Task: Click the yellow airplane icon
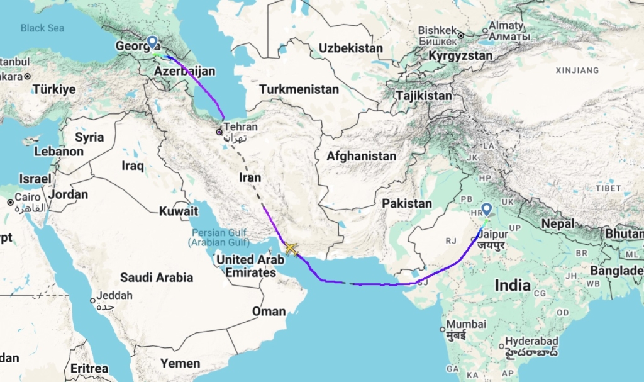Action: tap(291, 248)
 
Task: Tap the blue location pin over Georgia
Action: tap(152, 43)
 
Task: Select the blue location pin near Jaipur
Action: tap(487, 210)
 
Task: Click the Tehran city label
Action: tap(240, 126)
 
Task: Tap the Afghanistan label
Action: tap(361, 156)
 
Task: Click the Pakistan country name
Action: tap(407, 203)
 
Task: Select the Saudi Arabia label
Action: tap(157, 277)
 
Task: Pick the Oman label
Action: tap(269, 311)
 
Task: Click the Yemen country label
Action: tap(180, 363)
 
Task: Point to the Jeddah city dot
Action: tap(93, 300)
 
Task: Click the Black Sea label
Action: tap(42, 28)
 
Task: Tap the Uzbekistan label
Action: tap(350, 48)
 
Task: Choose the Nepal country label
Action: tap(558, 223)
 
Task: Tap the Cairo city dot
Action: tap(11, 203)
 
